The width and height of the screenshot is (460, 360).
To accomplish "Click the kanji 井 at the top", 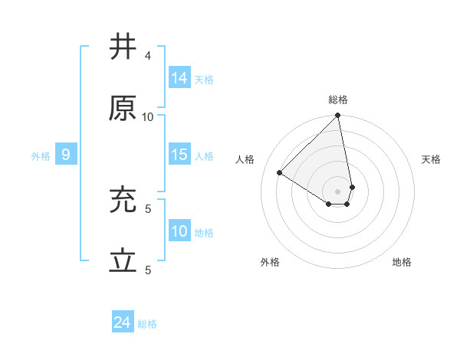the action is pyautogui.click(x=123, y=47).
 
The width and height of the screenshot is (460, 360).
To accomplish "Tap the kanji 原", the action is pyautogui.click(x=123, y=109).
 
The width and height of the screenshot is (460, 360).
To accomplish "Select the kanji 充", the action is pyautogui.click(x=123, y=201).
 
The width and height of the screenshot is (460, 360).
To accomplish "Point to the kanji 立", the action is pyautogui.click(x=123, y=262).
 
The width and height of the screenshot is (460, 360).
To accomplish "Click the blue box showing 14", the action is pyautogui.click(x=179, y=77).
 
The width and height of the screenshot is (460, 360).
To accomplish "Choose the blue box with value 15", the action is pyautogui.click(x=179, y=155).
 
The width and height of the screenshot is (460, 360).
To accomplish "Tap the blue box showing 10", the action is pyautogui.click(x=179, y=231).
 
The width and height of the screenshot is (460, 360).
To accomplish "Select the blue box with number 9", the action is pyautogui.click(x=66, y=155).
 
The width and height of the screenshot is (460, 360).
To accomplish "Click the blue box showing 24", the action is pyautogui.click(x=123, y=323).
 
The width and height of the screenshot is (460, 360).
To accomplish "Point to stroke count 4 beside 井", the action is pyautogui.click(x=148, y=56).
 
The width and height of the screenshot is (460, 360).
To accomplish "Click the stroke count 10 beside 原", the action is pyautogui.click(x=148, y=117).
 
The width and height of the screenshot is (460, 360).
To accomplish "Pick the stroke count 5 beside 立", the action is pyautogui.click(x=148, y=270).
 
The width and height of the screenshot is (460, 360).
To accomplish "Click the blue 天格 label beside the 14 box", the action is pyautogui.click(x=204, y=79).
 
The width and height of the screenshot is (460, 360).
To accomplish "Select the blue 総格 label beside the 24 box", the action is pyautogui.click(x=147, y=324).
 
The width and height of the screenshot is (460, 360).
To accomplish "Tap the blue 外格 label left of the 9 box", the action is pyautogui.click(x=41, y=156).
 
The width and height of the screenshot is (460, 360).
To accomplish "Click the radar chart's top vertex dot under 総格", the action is pyautogui.click(x=337, y=116).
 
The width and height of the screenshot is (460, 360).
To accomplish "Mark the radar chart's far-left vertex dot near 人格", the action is pyautogui.click(x=280, y=172).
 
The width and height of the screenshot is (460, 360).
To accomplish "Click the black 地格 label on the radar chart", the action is pyautogui.click(x=402, y=262).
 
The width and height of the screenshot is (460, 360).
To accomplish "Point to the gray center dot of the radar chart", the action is pyautogui.click(x=337, y=191).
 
